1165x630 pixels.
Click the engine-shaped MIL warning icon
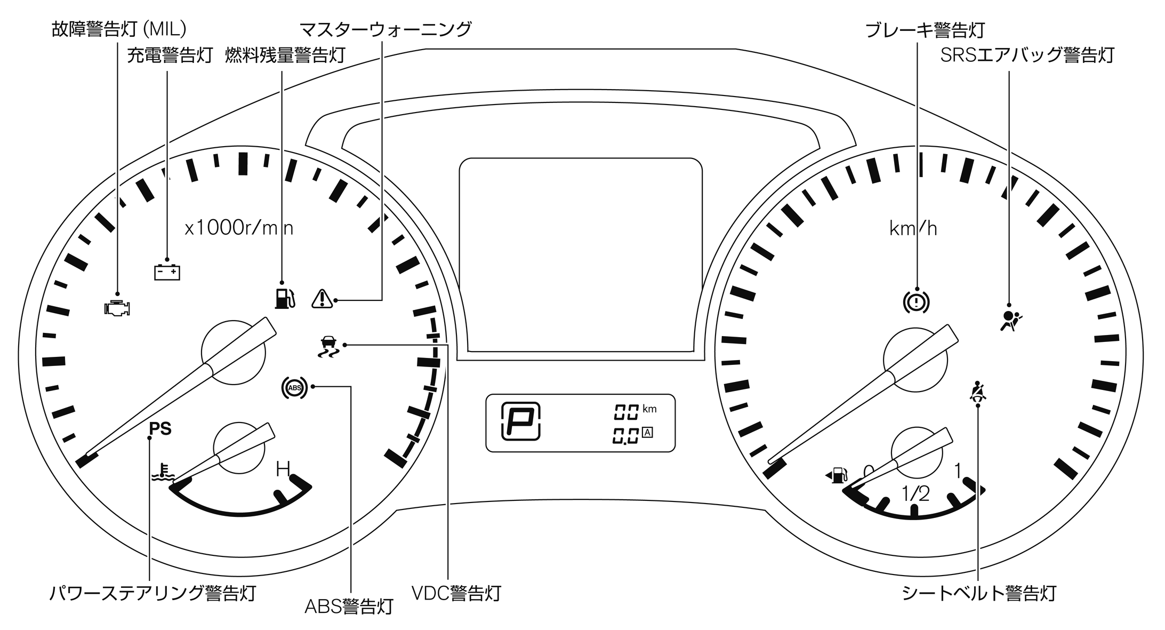[117, 308]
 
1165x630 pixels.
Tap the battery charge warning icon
[167, 272]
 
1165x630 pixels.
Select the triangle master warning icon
[322, 299]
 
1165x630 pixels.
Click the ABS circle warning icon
[294, 388]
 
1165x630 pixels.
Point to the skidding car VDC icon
[328, 347]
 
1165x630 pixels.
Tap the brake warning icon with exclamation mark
[916, 302]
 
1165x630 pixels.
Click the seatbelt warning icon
[977, 392]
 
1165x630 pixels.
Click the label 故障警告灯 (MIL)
[118, 29]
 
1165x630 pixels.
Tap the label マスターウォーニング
[385, 29]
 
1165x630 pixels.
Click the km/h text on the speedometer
[913, 228]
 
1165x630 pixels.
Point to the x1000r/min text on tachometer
[239, 228]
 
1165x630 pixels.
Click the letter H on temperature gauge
[283, 469]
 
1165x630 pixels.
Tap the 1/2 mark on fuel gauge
[915, 493]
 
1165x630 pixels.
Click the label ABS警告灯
[349, 606]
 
